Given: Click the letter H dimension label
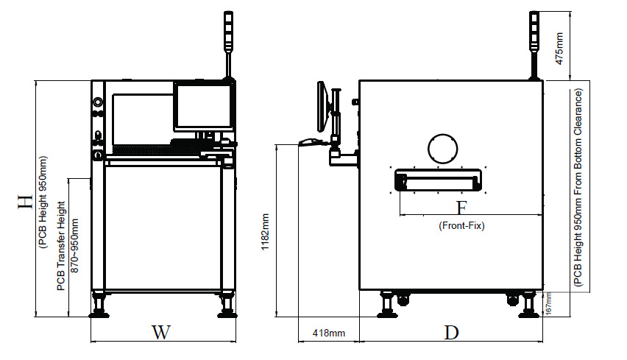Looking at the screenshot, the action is [25, 202].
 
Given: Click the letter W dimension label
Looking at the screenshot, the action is [161, 333].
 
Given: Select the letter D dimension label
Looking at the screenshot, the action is [451, 333].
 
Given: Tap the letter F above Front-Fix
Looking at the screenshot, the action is [462, 208].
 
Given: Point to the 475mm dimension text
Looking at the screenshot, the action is [559, 49].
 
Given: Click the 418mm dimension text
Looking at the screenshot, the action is [329, 333].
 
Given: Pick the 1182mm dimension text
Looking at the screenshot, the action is [265, 232].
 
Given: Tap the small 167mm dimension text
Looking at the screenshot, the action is [549, 303].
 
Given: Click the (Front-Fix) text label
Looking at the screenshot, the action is [461, 226].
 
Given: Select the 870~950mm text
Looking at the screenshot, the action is [74, 246].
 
